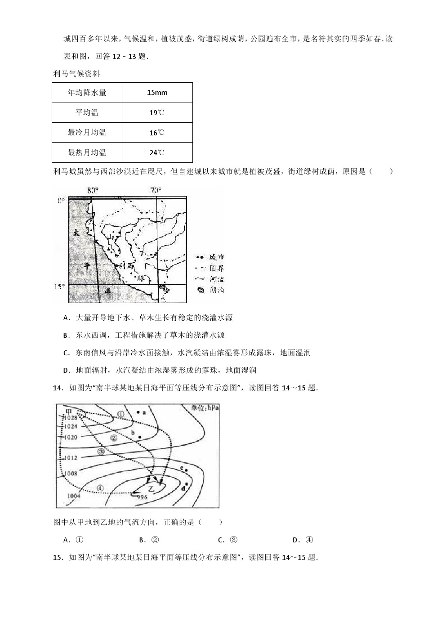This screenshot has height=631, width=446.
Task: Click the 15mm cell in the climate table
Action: pyautogui.click(x=157, y=93)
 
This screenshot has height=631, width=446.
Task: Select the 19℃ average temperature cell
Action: pyautogui.click(x=157, y=112)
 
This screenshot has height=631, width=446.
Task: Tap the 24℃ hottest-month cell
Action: pyautogui.click(x=157, y=152)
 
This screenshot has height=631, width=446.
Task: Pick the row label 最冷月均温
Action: pyautogui.click(x=87, y=132)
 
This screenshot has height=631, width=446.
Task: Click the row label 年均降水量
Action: pyautogui.click(x=87, y=93)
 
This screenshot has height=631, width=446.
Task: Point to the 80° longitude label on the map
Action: pyautogui.click(x=93, y=191)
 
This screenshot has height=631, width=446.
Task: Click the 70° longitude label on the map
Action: pyautogui.click(x=156, y=191)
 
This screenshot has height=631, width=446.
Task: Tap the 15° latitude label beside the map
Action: pyautogui.click(x=59, y=286)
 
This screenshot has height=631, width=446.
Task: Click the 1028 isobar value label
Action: pyautogui.click(x=71, y=418)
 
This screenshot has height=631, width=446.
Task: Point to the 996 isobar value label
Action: pyautogui.click(x=142, y=497)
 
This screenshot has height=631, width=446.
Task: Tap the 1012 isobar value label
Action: pyautogui.click(x=71, y=458)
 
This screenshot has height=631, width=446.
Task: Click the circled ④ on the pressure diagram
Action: pyautogui.click(x=100, y=488)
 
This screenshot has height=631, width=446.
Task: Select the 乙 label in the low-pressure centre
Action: pyautogui.click(x=151, y=488)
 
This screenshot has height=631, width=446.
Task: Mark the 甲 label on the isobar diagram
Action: pyautogui.click(x=69, y=411)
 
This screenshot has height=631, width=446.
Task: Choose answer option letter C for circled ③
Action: pyautogui.click(x=221, y=540)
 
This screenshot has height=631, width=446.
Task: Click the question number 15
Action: pyautogui.click(x=57, y=558)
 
